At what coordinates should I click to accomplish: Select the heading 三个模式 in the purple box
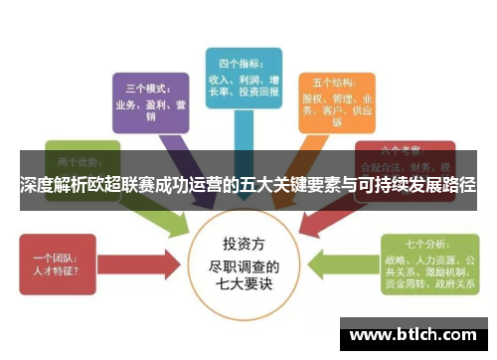(142, 87)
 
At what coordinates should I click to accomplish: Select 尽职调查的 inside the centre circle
(245, 266)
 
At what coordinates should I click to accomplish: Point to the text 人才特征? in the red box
(56, 269)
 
